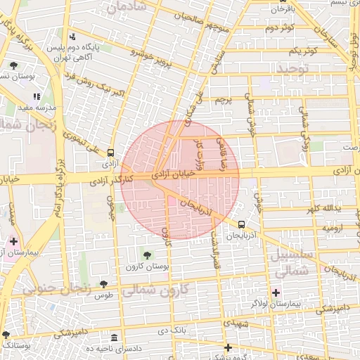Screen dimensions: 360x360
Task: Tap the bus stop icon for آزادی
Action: pos(110,153)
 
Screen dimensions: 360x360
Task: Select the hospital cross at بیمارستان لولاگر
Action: pos(276,292)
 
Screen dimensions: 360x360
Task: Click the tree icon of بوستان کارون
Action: pos(147,255)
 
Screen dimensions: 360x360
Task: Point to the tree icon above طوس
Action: pos(104,284)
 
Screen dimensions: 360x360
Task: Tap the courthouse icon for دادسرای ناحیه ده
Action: pos(115,337)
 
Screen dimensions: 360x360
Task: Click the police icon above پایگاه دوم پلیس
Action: pos(72,37)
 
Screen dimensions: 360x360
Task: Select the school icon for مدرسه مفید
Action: pos(37,96)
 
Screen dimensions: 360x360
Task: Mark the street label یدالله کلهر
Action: pos(322,210)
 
